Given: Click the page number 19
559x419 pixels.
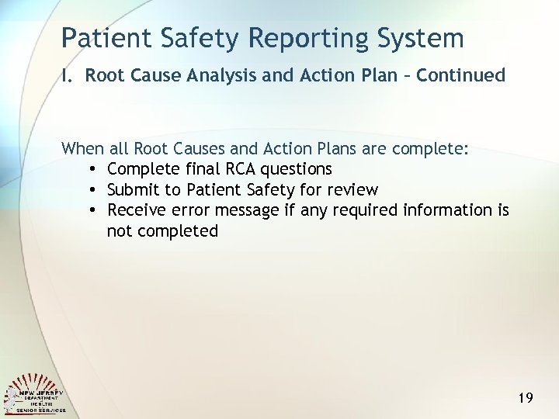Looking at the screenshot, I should pos(525,398).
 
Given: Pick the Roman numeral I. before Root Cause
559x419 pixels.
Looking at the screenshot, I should pos(69,75).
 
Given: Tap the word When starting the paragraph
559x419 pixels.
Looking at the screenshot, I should pos(82,148).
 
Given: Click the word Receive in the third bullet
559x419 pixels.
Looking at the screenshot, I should pos(135,210).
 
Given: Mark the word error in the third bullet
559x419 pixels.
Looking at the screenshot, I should pos(188,210).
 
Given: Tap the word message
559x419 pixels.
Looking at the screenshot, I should pos(245,210).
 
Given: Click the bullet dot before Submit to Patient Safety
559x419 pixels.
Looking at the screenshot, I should pos(92,191).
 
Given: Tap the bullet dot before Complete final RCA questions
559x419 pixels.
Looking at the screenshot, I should pos(92,170).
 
